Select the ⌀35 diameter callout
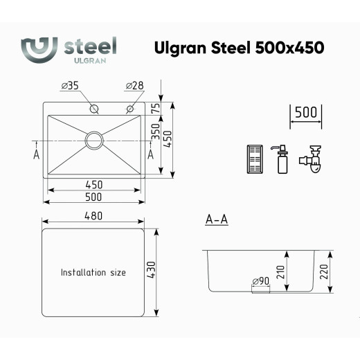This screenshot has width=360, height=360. click(x=70, y=86)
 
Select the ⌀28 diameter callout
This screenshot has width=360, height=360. click(x=134, y=86)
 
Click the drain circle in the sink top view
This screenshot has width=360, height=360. click(x=94, y=139)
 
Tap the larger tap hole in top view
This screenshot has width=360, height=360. click(x=93, y=109)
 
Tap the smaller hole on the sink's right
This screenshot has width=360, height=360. click(x=129, y=109)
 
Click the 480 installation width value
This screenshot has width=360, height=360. click(x=93, y=216)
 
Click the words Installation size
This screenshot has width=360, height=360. click(x=93, y=273)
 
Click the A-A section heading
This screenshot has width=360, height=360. click(x=217, y=220)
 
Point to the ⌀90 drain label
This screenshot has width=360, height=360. click(x=260, y=281)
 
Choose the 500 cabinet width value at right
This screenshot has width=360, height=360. click(x=305, y=112)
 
